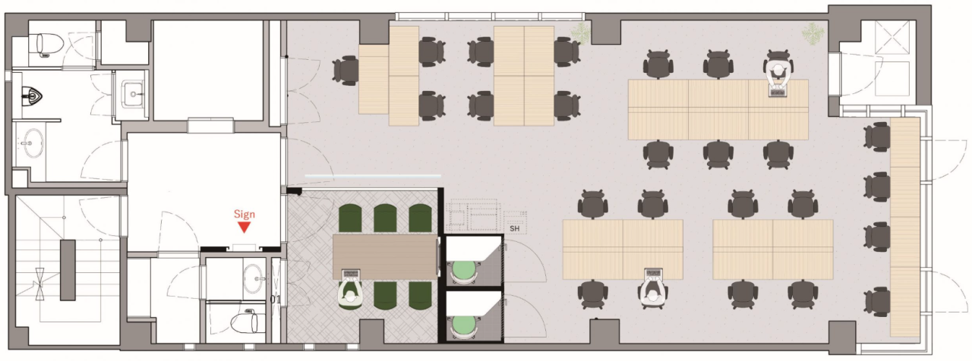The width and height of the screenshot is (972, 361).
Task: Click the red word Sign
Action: [245, 214]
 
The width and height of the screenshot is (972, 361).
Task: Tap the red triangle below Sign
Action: [245, 227]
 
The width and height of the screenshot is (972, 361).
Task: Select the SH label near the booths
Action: [515, 228]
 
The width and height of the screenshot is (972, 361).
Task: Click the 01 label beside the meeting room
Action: [276, 299]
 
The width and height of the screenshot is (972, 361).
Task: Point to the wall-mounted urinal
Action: [32, 94]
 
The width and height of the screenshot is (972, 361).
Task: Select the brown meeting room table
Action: [385, 256]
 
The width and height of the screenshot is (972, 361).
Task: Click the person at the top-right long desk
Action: [778, 72]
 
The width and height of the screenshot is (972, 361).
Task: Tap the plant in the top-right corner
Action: [813, 33]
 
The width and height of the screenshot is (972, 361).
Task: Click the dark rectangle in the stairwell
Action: [68, 269]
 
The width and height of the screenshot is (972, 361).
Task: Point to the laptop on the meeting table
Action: [351, 274]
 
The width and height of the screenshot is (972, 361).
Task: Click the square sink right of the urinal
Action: [133, 93]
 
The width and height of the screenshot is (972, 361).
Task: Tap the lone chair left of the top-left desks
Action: [346, 71]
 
